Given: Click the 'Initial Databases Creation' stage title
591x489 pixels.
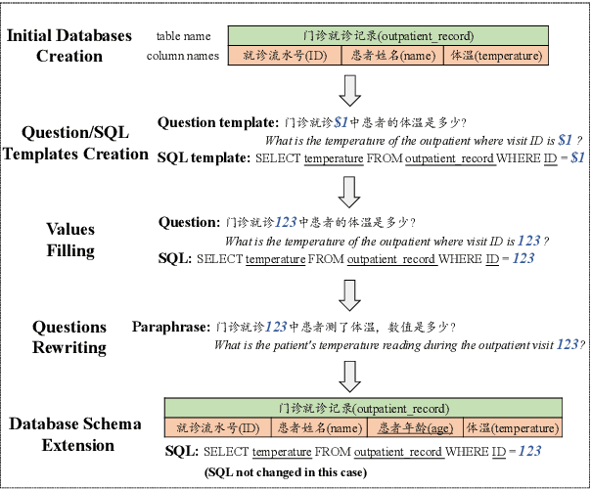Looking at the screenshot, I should (69, 46).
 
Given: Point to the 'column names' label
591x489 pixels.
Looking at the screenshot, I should (183, 56).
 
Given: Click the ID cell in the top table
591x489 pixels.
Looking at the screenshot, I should (284, 56).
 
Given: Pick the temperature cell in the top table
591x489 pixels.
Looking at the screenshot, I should (495, 56).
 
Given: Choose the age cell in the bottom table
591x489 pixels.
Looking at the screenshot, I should (412, 427).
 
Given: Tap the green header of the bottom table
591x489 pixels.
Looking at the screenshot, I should (363, 408).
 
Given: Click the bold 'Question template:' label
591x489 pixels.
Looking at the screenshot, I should (218, 123).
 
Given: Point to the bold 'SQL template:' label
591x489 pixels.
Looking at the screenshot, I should (204, 156).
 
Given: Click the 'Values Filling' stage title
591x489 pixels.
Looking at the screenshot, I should (69, 240).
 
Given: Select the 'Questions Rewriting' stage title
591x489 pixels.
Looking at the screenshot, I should (69, 336).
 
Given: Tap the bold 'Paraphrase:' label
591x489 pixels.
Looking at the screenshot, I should (171, 327).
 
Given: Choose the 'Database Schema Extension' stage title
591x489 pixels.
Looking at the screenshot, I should (75, 435).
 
